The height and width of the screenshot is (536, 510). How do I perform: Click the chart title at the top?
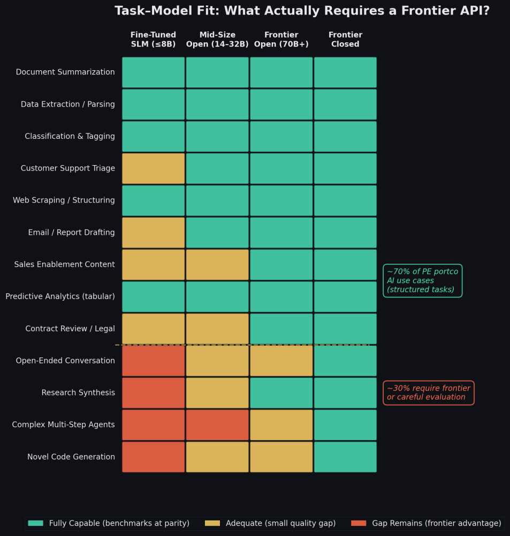click(x=302, y=11)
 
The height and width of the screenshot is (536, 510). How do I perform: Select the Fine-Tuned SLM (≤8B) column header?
click(x=153, y=40)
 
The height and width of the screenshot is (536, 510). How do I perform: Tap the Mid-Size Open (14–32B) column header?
click(x=217, y=40)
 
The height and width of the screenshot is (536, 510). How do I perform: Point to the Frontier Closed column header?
click(x=345, y=40)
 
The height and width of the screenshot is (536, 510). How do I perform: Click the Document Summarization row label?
click(x=65, y=72)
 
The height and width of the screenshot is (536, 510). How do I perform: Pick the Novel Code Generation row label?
click(x=71, y=457)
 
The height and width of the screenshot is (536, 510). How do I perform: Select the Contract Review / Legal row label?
click(x=70, y=329)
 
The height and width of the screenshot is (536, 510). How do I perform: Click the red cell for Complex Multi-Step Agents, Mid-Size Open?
click(x=217, y=425)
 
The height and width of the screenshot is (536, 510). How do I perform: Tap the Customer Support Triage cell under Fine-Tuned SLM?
click(x=153, y=168)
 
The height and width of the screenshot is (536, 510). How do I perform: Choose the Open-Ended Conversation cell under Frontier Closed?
click(x=345, y=361)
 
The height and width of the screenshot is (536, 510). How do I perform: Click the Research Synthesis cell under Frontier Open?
click(x=281, y=393)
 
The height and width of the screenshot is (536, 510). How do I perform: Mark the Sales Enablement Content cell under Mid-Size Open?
click(x=217, y=265)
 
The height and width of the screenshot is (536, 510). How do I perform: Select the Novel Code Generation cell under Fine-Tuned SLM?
click(x=153, y=457)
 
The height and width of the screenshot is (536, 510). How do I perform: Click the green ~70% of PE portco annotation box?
click(x=423, y=281)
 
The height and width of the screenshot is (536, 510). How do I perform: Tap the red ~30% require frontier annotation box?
click(x=428, y=393)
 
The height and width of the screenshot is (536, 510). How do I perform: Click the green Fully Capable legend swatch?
click(x=35, y=523)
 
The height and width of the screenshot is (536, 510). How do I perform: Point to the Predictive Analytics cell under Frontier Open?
click(x=281, y=297)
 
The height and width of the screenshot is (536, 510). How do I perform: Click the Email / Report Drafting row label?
click(x=71, y=233)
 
